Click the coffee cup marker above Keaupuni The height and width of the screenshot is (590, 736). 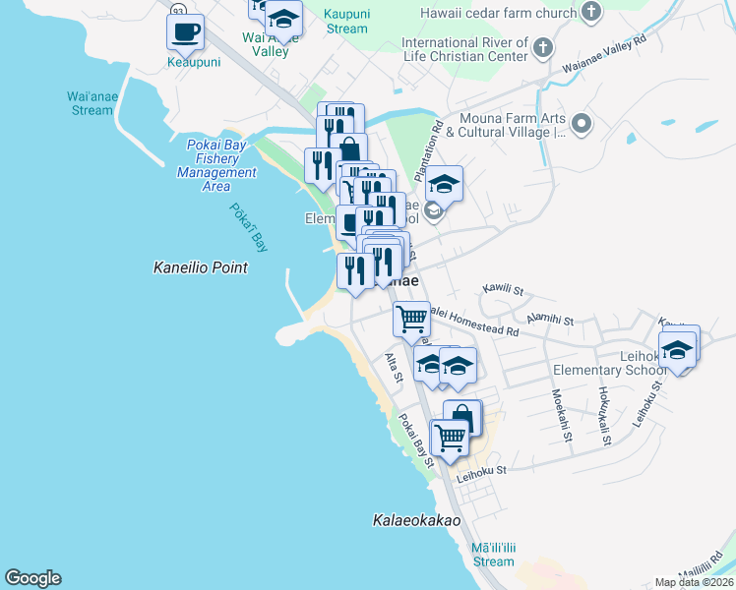(x=185, y=32)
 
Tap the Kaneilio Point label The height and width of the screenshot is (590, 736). (x=200, y=266)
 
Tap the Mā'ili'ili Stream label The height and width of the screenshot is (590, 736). (x=492, y=554)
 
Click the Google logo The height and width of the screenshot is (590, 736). (x=32, y=578)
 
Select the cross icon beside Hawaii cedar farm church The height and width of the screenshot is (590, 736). (x=590, y=13)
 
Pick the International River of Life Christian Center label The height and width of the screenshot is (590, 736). (x=464, y=50)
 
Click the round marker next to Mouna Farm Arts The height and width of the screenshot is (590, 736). (x=582, y=124)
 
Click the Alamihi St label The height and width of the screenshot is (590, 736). (x=550, y=320)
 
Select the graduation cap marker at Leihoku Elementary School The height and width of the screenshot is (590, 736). (x=677, y=348)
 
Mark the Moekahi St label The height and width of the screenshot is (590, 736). (x=560, y=416)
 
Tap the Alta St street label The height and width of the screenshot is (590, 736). (x=395, y=368)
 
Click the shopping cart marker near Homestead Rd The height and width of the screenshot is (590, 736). (x=411, y=318)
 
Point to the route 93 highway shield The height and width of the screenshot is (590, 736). (x=177, y=8)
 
